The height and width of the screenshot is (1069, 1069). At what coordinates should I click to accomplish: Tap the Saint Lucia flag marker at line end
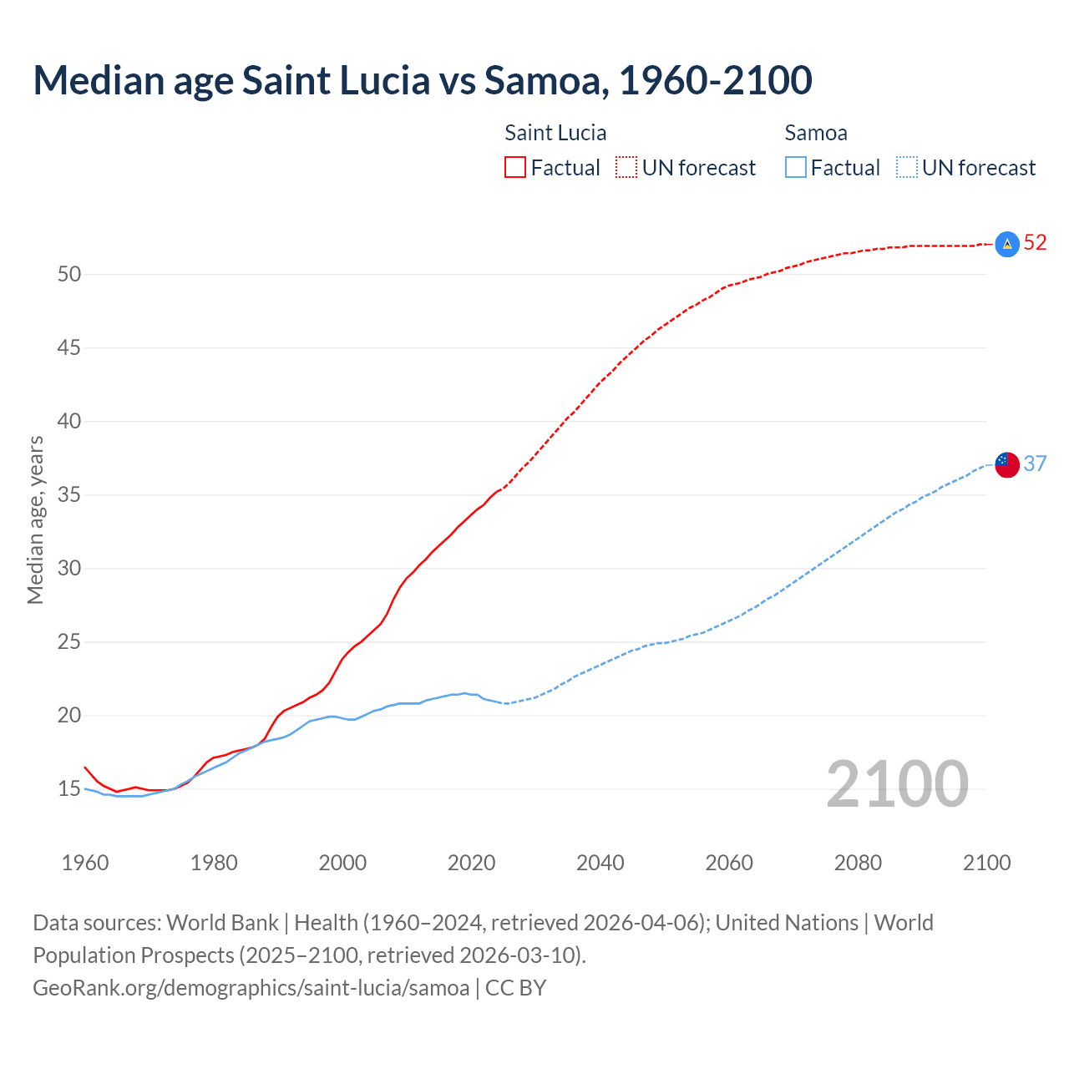[x=1007, y=244]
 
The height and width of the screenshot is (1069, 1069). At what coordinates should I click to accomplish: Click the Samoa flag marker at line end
[x=1007, y=464]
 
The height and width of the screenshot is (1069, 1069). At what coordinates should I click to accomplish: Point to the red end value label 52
[x=1035, y=243]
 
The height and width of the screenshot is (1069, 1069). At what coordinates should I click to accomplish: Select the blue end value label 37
[x=1035, y=464]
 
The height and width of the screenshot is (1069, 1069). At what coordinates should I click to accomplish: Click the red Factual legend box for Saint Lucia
[x=515, y=167]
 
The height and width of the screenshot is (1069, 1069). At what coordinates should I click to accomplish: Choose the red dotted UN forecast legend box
[x=626, y=167]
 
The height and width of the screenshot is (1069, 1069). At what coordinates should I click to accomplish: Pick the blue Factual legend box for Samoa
[x=796, y=167]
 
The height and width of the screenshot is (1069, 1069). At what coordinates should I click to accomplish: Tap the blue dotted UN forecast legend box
[x=907, y=167]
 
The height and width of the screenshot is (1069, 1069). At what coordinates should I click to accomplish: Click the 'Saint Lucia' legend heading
[x=555, y=133]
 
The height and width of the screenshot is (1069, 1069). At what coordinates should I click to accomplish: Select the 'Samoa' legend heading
[x=816, y=133]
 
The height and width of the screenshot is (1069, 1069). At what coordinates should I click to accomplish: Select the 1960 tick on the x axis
[x=85, y=863]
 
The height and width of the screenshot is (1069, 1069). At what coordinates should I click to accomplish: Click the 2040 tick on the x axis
[x=600, y=863]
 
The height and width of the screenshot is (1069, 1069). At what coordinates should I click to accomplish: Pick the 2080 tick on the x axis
[x=858, y=863]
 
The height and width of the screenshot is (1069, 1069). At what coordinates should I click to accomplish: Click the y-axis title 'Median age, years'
[x=35, y=519]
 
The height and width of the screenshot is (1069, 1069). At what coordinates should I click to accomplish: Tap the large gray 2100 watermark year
[x=897, y=784]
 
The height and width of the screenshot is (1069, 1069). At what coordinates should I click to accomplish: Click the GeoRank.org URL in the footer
[x=251, y=987]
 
